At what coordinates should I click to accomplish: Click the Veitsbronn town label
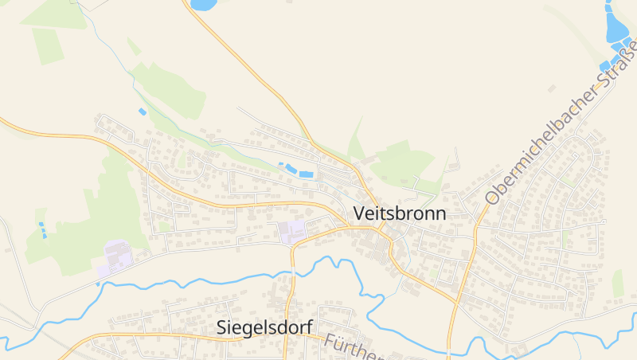point(399,213)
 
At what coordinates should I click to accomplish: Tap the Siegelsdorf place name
point(264,327)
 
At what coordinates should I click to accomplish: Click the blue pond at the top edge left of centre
point(204,5)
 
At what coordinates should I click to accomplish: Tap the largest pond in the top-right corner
point(617,25)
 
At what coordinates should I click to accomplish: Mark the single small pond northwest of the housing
point(143,111)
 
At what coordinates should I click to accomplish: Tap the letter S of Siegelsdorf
point(223,327)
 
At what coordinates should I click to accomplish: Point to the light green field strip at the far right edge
point(618,283)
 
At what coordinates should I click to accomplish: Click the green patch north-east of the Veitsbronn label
point(402,163)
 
